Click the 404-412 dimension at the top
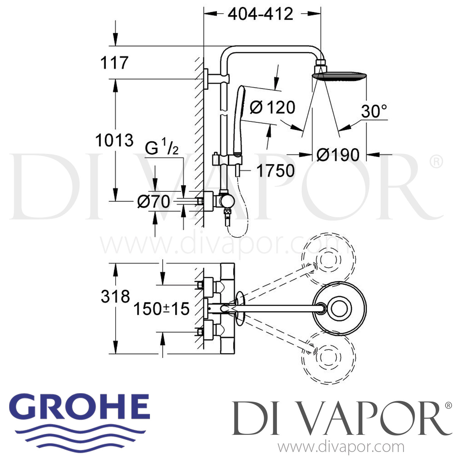click(260, 14)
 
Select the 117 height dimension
click(114, 63)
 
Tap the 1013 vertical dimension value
click(114, 140)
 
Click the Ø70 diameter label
click(154, 202)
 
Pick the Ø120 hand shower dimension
click(272, 107)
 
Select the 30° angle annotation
click(374, 111)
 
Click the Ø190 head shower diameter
click(338, 155)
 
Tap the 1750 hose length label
click(275, 171)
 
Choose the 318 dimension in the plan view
click(115, 296)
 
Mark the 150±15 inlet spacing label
click(161, 309)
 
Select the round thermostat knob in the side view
click(227, 201)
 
